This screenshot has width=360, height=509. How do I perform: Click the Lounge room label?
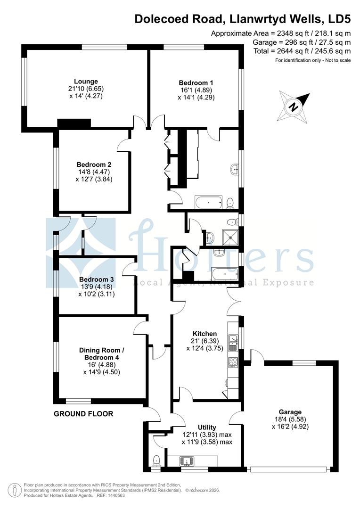(86, 81)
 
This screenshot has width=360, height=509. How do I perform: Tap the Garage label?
(289, 411)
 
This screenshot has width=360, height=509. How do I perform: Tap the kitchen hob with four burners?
(233, 362)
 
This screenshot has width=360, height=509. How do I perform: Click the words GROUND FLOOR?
(83, 414)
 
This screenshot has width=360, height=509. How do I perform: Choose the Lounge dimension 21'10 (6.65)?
(86, 88)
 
